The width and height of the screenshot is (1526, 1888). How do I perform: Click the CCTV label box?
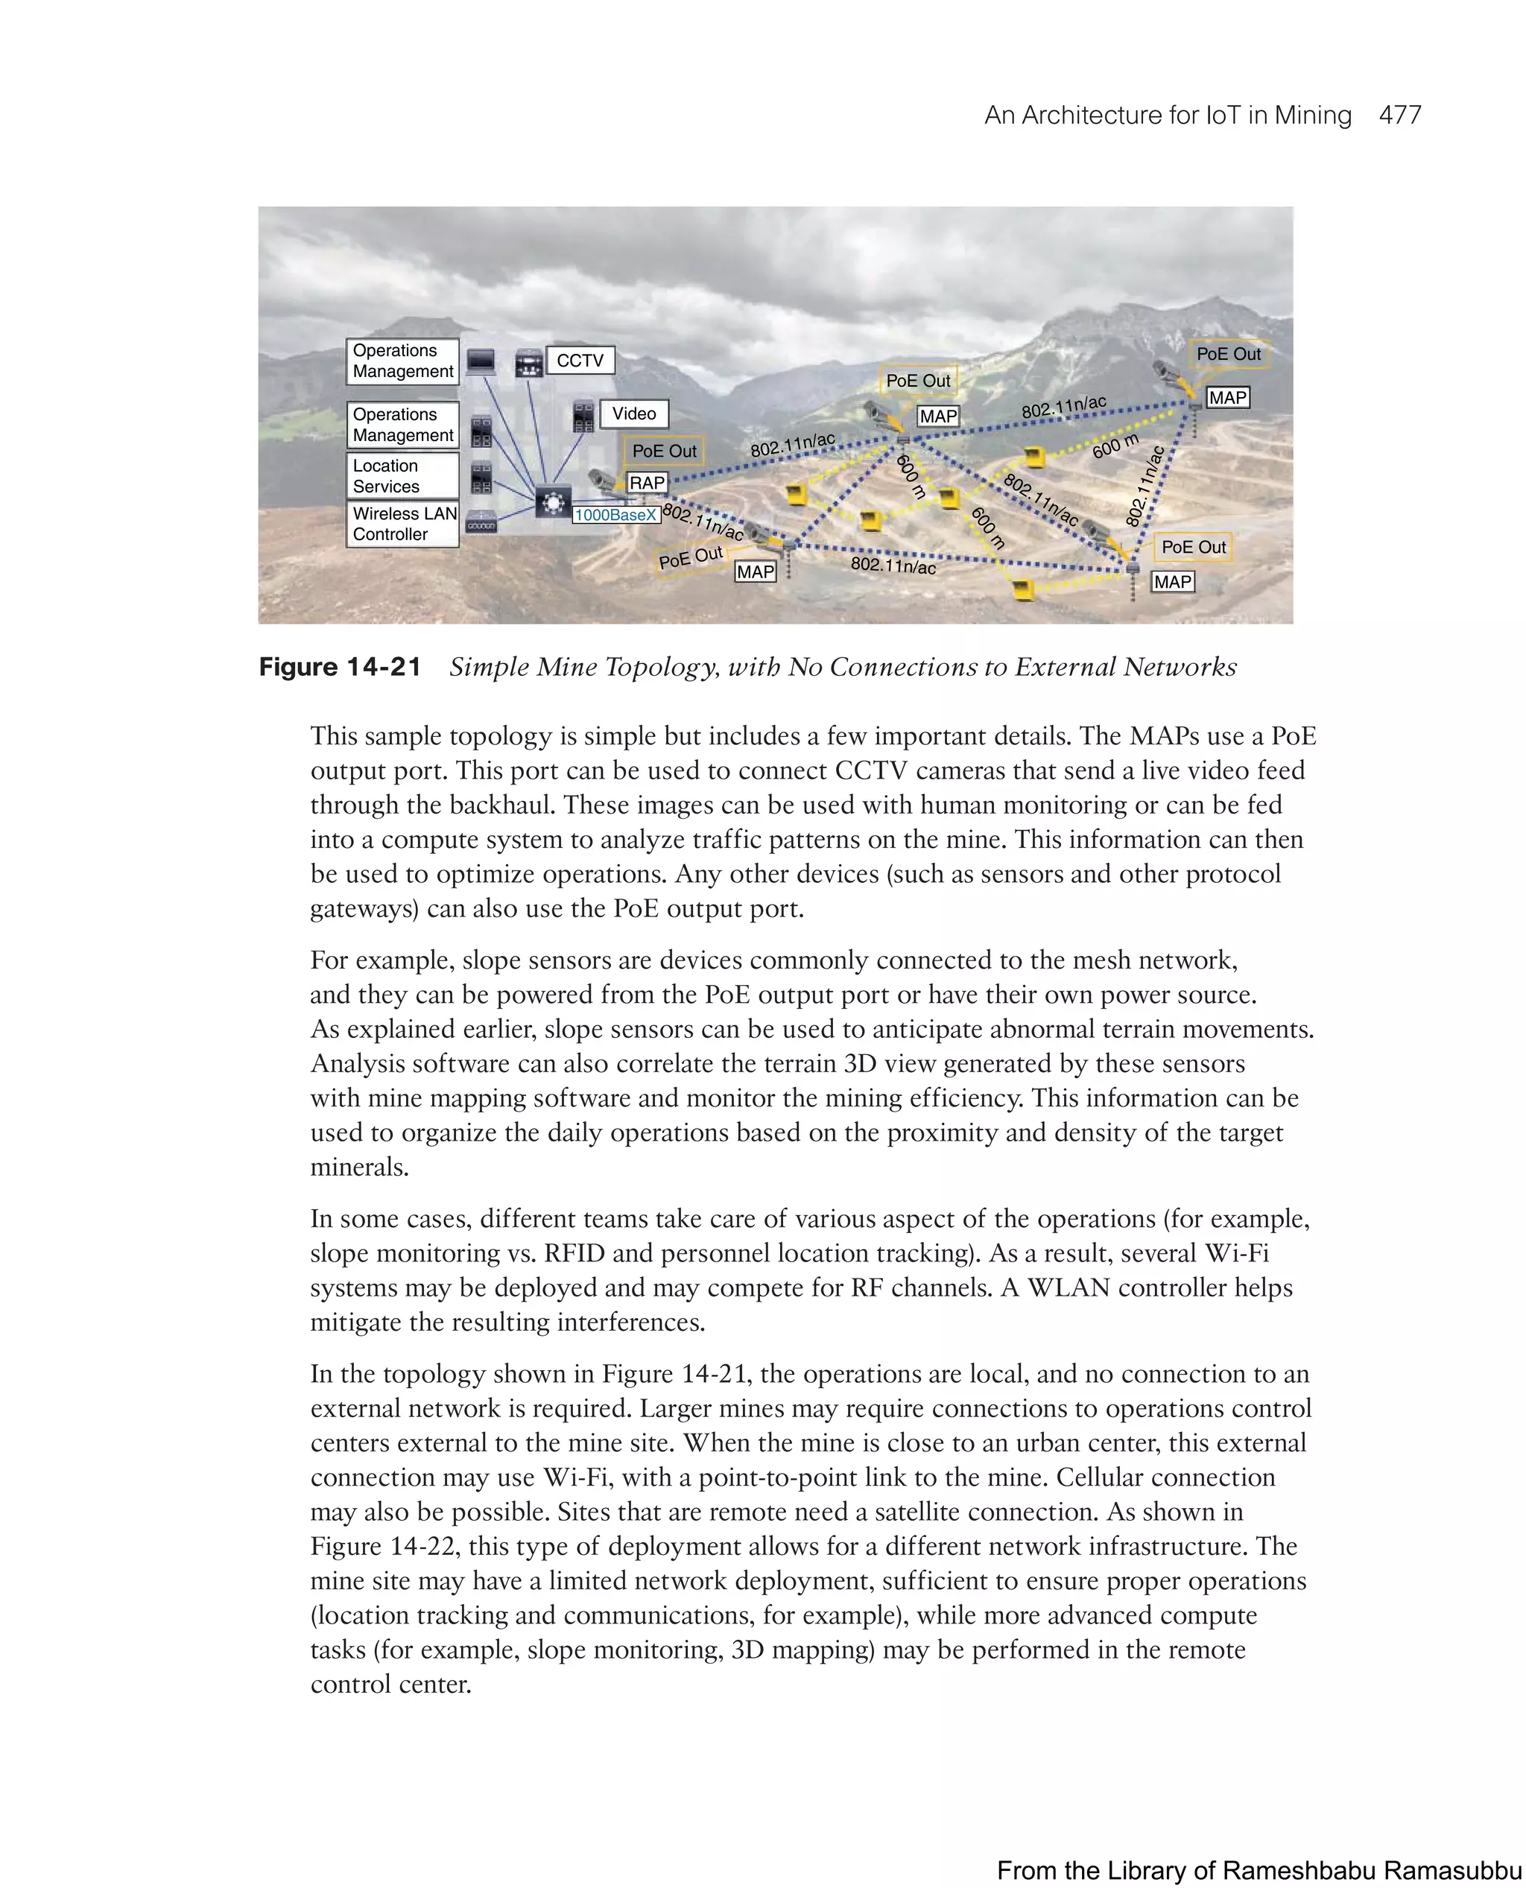pos(580,361)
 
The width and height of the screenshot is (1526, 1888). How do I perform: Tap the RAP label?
pos(647,483)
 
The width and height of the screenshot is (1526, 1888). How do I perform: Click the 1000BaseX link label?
pos(615,515)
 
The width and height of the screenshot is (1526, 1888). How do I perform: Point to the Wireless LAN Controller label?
pos(403,524)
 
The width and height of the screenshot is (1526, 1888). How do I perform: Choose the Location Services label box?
pos(403,475)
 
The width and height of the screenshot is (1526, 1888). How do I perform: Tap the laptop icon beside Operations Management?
pos(481,361)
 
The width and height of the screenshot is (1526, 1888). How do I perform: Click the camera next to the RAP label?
pos(603,481)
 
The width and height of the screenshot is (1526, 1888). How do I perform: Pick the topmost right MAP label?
pos(1227,397)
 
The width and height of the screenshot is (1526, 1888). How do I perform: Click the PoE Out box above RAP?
pos(664,451)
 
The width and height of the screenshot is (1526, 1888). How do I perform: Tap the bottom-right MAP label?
pos(1173,582)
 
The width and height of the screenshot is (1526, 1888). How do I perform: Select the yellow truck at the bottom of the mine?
pos(1022,589)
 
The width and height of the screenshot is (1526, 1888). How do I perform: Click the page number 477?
pos(1399,115)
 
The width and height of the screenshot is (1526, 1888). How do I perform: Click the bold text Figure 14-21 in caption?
pos(341,667)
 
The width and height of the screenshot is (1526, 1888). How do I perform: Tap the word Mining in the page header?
pos(1312,115)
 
